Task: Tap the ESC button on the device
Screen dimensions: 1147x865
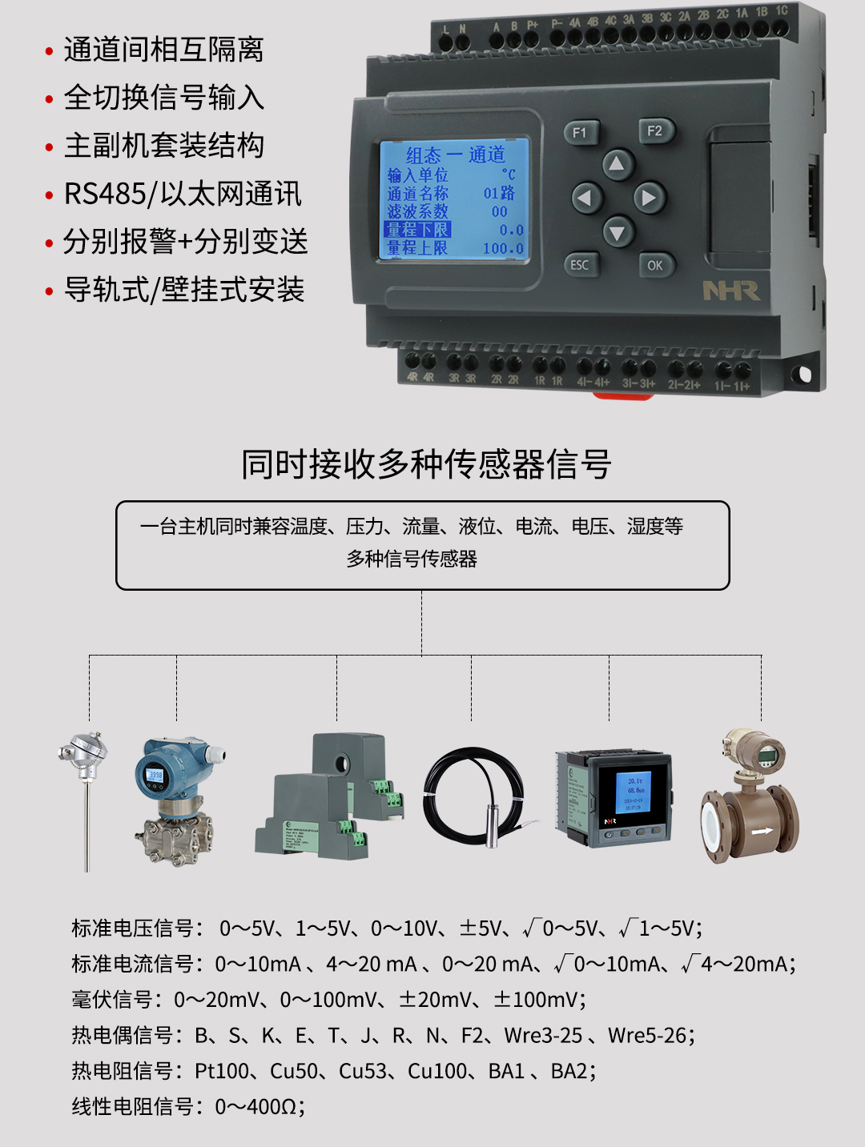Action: click(579, 265)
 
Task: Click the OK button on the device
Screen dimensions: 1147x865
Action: click(655, 265)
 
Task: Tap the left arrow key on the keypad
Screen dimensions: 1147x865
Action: click(586, 197)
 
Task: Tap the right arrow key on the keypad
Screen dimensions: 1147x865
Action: click(649, 197)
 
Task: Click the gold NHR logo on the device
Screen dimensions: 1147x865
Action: click(730, 291)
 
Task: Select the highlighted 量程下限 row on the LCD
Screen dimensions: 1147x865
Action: click(418, 230)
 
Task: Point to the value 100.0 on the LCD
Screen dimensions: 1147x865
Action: click(503, 248)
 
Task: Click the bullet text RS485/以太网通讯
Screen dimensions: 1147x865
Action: click(183, 194)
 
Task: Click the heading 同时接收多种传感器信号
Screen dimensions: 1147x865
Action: click(427, 464)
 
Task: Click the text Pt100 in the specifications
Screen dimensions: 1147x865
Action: click(221, 1071)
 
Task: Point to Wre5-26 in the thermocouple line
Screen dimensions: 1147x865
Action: click(647, 1036)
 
